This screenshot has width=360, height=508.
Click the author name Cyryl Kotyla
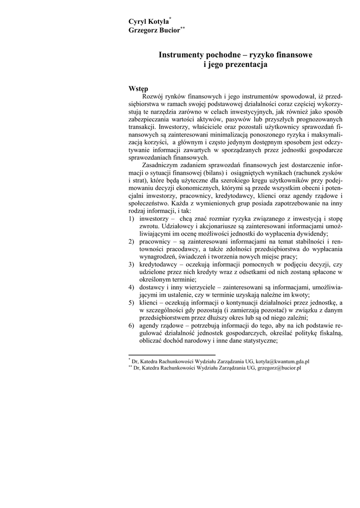click(x=148, y=21)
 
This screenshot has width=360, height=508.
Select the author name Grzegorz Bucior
click(x=154, y=30)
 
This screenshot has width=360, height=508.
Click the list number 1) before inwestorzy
click(x=132, y=218)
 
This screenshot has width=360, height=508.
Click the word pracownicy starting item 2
click(x=156, y=241)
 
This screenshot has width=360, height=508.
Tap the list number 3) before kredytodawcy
click(x=132, y=264)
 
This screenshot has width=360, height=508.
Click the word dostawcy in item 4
click(x=152, y=287)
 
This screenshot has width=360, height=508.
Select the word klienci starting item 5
click(x=149, y=303)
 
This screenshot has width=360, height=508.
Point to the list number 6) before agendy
click(x=132, y=325)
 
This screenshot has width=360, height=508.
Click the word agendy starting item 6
click(x=150, y=325)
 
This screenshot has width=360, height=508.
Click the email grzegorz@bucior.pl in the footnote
click(x=280, y=369)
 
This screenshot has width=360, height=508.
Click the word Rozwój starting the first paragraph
click(x=153, y=96)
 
